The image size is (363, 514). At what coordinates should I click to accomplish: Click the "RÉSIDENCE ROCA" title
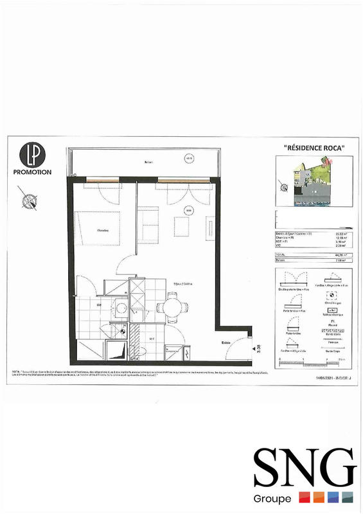(314, 148)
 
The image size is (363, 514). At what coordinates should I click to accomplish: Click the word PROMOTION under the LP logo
(31, 172)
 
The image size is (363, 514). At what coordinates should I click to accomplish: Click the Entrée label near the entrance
(227, 342)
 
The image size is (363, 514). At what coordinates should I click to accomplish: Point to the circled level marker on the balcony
(189, 158)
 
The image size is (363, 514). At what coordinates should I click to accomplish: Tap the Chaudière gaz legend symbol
(332, 296)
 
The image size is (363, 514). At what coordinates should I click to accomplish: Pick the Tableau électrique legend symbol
(332, 312)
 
